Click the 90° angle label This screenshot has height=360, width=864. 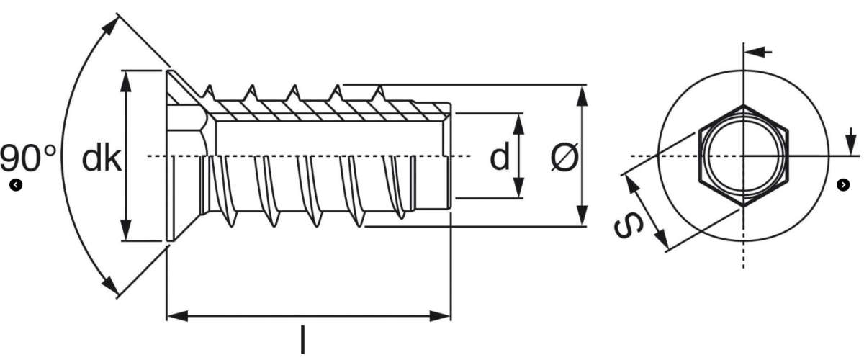point(28,158)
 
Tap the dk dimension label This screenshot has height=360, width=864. point(102,158)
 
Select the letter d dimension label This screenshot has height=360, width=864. point(500,156)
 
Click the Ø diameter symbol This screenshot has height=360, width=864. point(564,157)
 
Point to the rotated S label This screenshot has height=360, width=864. point(629,226)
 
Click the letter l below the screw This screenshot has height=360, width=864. point(303,340)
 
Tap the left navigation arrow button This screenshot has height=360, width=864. point(16,185)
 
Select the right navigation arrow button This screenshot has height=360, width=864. point(843,185)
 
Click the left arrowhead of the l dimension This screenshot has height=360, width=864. point(178,316)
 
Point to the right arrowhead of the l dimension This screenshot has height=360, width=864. point(440,316)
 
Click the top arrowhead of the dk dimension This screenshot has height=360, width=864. point(126,81)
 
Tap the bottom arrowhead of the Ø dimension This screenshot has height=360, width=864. point(582,216)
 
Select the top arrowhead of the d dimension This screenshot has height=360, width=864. point(519,124)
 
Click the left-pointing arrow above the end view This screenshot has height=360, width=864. point(758,51)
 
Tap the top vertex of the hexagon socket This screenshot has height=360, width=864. point(743,105)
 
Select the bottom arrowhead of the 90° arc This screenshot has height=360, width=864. point(111,287)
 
